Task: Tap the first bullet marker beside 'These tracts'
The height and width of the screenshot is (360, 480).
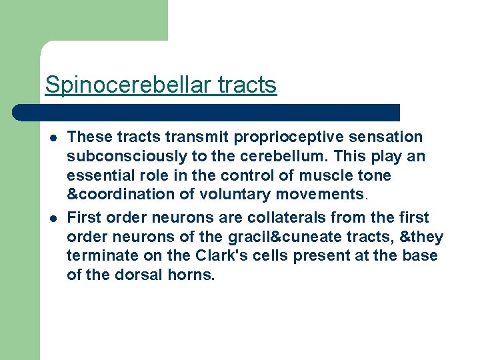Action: click(52, 138)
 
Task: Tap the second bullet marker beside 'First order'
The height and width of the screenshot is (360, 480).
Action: click(52, 219)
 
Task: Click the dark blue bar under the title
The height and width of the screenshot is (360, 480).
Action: click(207, 112)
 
